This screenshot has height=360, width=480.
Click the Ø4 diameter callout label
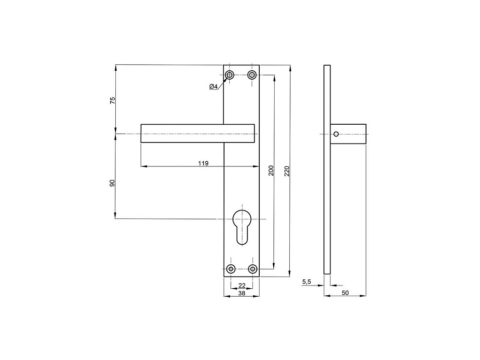point(213,87)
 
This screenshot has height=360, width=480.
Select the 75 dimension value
point(112,100)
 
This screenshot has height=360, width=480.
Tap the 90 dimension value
point(112,183)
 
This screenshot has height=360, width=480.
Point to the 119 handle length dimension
point(203,163)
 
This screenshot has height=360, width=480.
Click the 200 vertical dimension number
point(271,171)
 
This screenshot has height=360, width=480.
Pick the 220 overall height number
point(287,171)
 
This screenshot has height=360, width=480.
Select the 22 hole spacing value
point(242,285)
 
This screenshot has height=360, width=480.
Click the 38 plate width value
point(242,293)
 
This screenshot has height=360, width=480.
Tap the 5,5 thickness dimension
point(307,282)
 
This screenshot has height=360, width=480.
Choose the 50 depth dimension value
point(345,292)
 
